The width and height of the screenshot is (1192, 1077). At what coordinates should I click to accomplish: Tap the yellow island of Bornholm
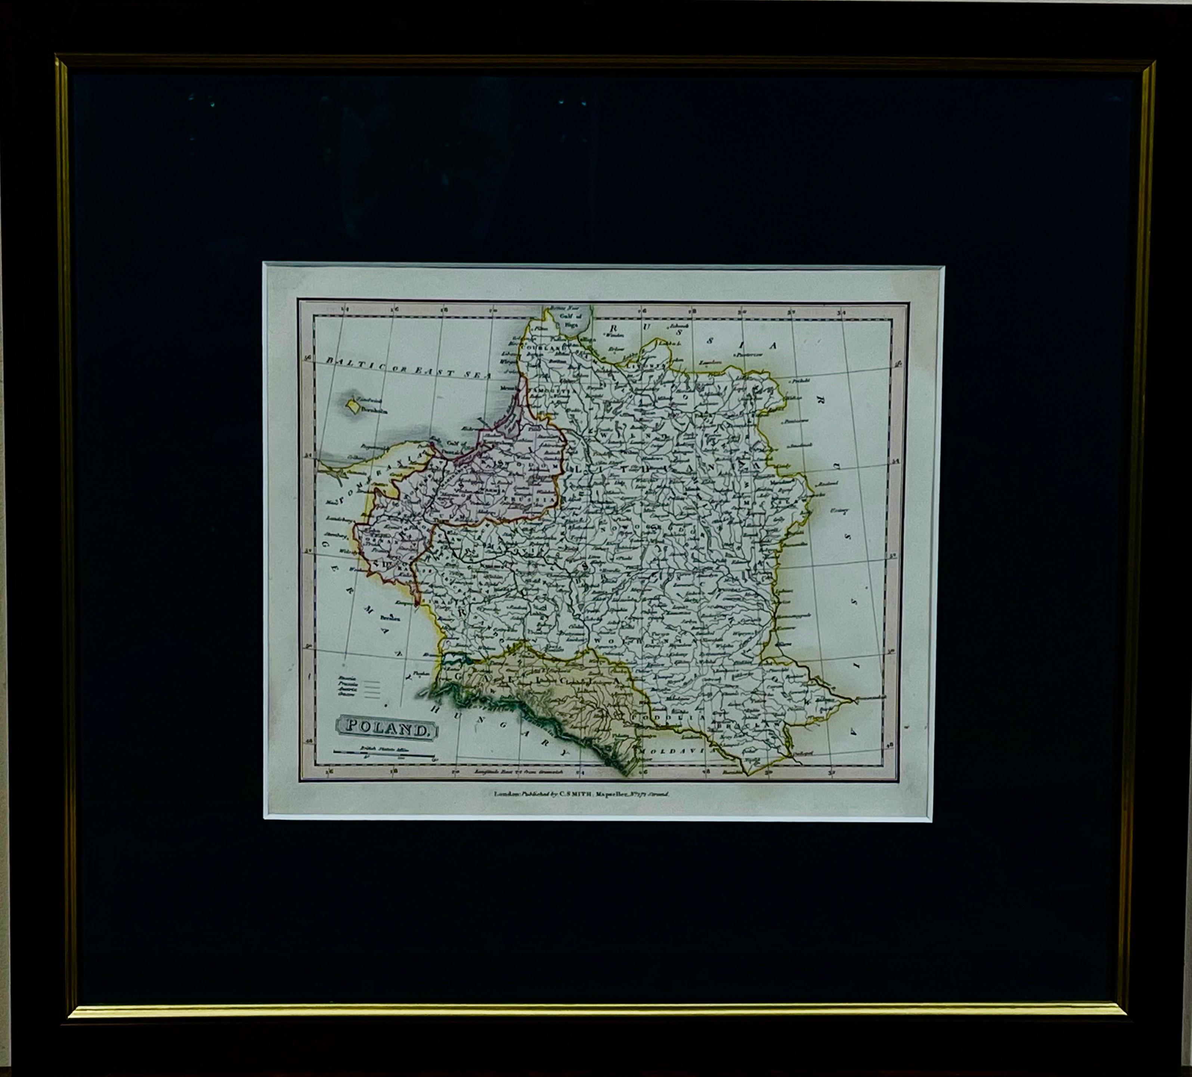(353, 406)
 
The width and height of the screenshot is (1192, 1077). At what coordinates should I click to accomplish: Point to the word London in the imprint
(505, 794)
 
